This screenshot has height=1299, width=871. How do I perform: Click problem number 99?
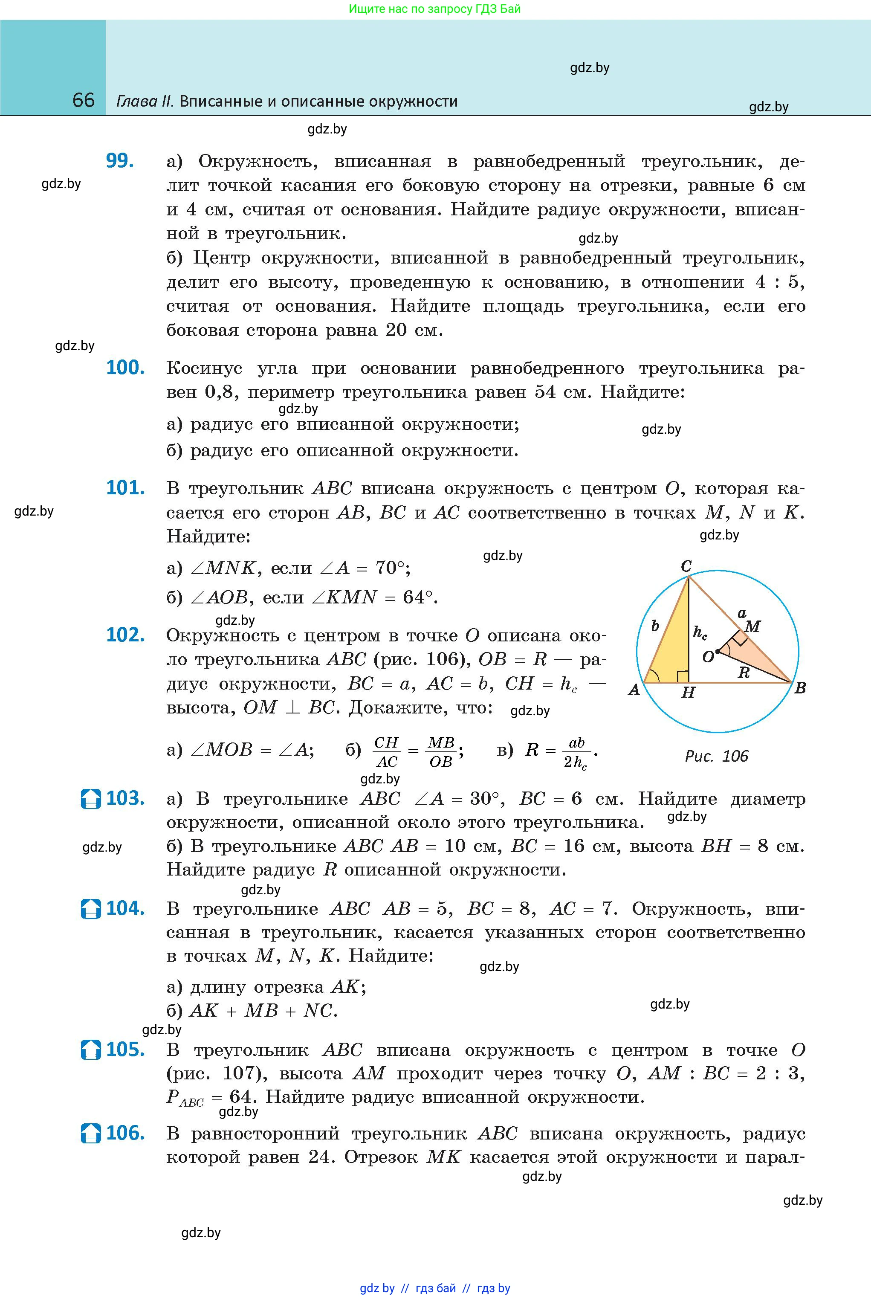tap(120, 161)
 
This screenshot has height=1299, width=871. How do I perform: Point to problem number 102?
tap(125, 635)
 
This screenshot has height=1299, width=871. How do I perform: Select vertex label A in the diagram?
tap(634, 690)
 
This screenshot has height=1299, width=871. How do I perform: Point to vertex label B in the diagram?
tap(800, 688)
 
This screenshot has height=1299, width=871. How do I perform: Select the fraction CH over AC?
tap(386, 751)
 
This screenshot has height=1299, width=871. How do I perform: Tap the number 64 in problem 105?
tap(240, 1097)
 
